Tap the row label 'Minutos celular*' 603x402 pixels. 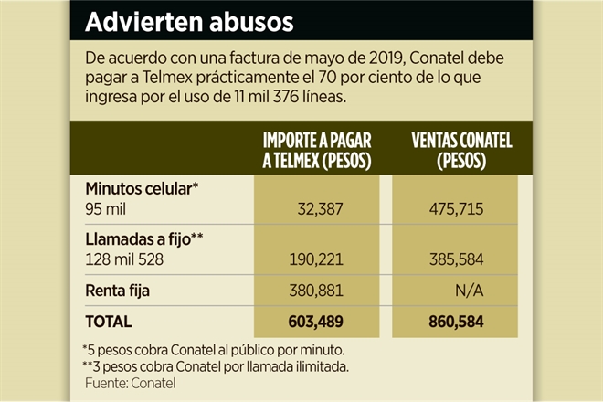click(142, 189)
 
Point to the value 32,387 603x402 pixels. click(320, 209)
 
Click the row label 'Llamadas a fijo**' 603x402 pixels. click(143, 239)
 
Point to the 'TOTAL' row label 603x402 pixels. click(109, 322)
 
